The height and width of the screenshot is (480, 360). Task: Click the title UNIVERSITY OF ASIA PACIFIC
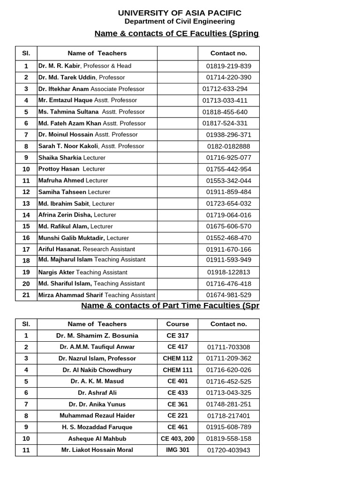point(180,13)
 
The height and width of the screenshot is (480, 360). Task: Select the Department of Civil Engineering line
point(180,22)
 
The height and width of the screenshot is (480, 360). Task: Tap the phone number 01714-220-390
point(228,77)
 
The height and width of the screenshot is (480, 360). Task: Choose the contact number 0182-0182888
point(228,146)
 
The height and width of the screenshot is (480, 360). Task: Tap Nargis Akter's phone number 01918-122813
point(228,272)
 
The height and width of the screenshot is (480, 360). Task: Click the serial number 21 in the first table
point(26,295)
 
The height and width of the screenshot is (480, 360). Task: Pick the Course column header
point(178,324)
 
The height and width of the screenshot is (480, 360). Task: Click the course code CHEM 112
point(178,359)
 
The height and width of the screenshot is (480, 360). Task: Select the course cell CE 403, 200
point(178,439)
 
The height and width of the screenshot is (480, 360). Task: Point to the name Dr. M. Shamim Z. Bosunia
point(97,336)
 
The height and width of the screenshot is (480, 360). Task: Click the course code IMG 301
point(178,450)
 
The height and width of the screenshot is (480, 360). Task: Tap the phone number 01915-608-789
point(228,427)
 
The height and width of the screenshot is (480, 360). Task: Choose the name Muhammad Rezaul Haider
point(97,416)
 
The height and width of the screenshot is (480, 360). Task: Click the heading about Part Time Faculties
point(170,306)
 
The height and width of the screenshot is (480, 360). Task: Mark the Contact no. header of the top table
point(228,53)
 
